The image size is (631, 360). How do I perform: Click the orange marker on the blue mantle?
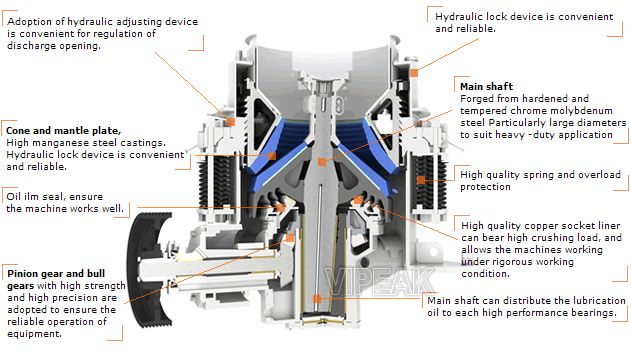(272, 156)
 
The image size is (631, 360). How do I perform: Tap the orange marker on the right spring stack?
(421, 180)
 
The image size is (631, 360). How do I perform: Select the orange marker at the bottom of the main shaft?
(317, 298)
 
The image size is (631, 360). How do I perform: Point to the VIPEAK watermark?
(379, 281)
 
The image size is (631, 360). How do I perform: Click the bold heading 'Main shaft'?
(487, 86)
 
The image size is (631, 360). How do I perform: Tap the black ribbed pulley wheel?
(150, 269)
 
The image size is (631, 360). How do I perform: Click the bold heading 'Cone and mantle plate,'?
(64, 131)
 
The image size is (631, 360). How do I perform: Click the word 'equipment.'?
(35, 334)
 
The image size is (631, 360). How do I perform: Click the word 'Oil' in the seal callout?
(12, 197)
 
